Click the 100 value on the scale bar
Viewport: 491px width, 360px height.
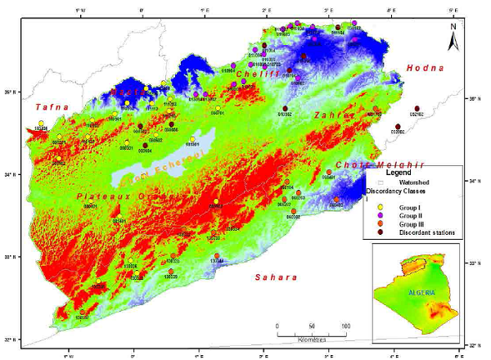coord(345,326)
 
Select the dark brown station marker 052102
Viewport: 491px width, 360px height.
coord(418,109)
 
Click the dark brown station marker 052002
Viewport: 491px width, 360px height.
coord(398,125)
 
